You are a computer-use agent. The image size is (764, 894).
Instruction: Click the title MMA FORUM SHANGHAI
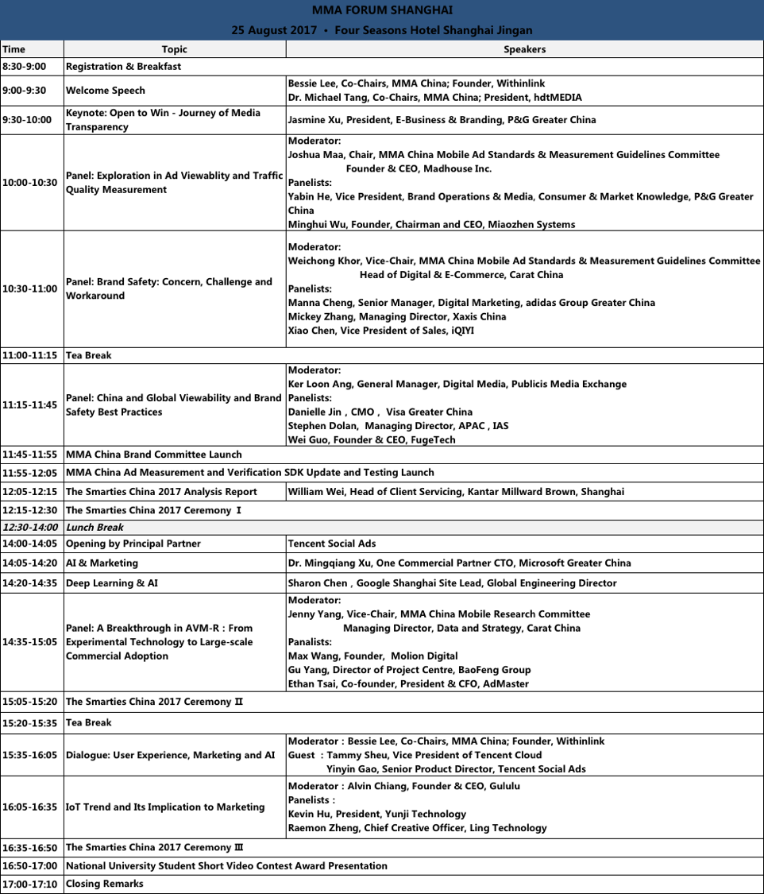pos(382,10)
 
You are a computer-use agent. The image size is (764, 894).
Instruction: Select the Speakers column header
pos(524,49)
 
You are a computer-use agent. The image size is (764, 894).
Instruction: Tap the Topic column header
pos(174,49)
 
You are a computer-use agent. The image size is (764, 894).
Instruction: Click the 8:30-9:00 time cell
pos(24,67)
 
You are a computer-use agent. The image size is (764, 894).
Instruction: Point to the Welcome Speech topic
pos(106,91)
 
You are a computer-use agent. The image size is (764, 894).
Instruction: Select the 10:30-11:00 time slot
pos(29,289)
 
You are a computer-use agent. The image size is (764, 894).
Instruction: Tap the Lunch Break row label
pos(95,527)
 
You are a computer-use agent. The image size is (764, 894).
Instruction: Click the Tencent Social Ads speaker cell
pos(332,544)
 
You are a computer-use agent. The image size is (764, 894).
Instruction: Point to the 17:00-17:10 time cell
pos(29,884)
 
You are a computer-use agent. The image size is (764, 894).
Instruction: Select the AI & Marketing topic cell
pos(102,563)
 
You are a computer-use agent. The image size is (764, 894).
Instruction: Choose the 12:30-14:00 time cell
pos(29,527)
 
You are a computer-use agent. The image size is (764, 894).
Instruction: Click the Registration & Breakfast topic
pos(123,67)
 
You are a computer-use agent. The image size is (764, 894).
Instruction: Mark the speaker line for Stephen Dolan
pos(398,426)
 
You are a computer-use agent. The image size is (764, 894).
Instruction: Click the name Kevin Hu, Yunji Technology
pos(377,814)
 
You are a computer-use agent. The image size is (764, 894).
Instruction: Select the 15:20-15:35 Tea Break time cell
pos(29,723)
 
